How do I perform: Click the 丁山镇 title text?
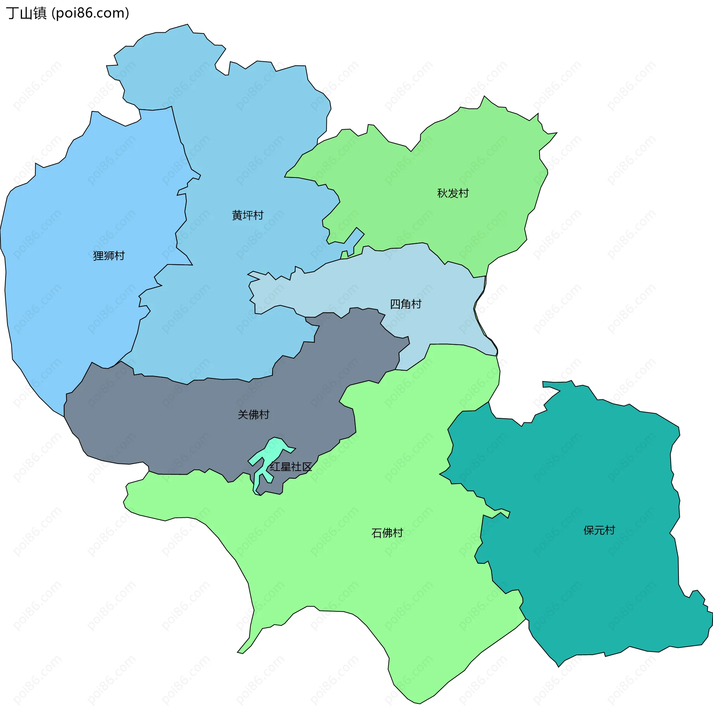point(26,13)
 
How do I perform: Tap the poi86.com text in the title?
point(90,13)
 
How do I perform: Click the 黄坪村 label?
point(248,215)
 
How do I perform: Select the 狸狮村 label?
point(108,256)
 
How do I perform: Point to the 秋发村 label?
point(453,193)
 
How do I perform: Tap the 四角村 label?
point(406,304)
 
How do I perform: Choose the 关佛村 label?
point(254,415)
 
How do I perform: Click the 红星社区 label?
point(291,467)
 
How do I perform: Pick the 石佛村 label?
point(387,533)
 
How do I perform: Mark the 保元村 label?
point(599,530)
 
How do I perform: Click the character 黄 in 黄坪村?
point(237,215)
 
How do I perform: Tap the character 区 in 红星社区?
point(307,467)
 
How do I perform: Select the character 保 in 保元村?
point(589,530)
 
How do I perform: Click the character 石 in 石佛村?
point(376,533)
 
